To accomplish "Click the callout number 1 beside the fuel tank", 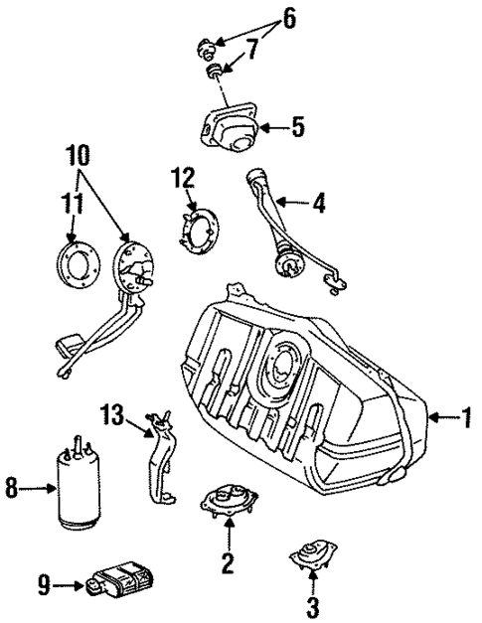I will point(463,418).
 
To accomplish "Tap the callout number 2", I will point(227,564).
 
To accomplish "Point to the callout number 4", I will point(318,205).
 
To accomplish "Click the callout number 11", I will point(70,205).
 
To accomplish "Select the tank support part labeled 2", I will point(231,508).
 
